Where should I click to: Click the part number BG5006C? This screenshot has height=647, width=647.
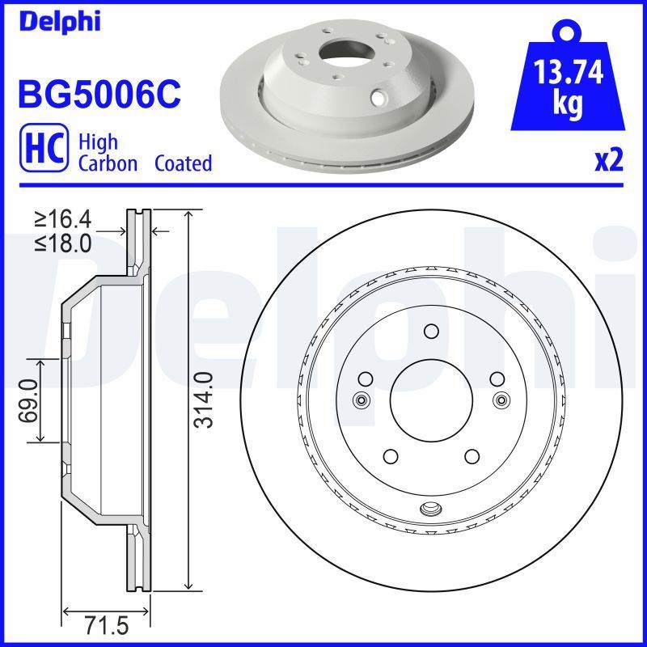[99, 94]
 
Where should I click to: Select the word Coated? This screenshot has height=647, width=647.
[183, 163]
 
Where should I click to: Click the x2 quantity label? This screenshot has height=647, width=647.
[608, 162]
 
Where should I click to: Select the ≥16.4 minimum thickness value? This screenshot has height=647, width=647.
[66, 218]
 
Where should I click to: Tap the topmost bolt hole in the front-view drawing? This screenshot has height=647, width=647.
[430, 331]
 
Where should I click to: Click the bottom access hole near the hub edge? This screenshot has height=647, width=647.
[431, 509]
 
